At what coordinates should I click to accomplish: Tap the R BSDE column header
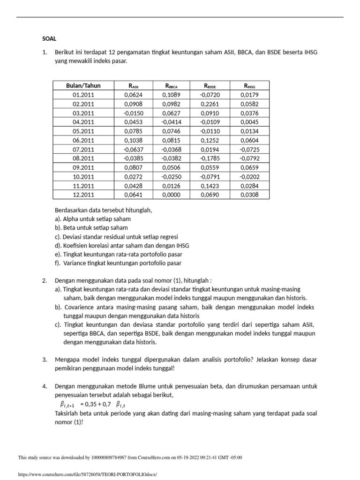coord(210,85)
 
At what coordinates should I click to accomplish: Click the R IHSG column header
coord(249,85)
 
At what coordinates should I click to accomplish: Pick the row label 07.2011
coord(83,150)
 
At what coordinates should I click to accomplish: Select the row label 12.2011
coord(83,195)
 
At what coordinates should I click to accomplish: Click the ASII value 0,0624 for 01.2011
coord(134,95)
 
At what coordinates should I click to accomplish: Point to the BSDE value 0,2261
coord(210,104)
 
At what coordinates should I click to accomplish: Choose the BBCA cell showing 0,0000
coord(172,195)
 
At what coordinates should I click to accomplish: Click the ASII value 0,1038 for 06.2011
coord(134,140)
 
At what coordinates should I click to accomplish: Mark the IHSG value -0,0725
coord(249,150)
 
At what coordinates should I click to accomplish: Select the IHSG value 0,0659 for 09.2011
coord(249,168)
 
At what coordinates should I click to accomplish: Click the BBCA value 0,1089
coord(172,95)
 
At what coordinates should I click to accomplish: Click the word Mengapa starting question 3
coord(66,360)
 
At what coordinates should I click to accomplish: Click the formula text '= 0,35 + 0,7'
coord(96,404)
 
